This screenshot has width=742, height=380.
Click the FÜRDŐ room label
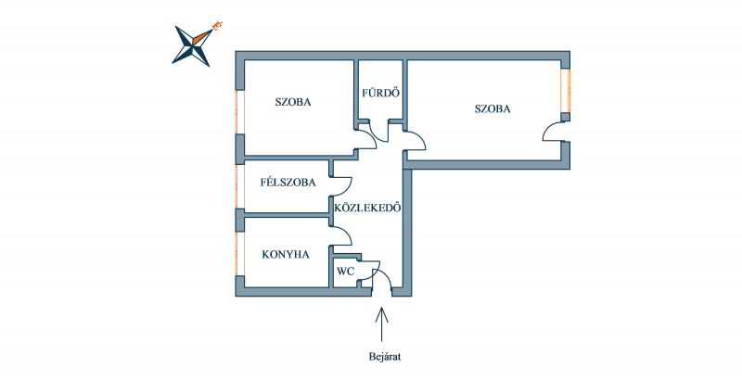click(380, 93)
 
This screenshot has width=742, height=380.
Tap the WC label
click(345, 272)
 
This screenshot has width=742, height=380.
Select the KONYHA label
click(286, 255)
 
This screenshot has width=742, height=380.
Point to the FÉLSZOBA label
click(288, 183)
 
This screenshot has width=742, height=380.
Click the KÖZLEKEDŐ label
click(367, 208)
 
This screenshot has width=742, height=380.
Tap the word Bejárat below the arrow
click(385, 357)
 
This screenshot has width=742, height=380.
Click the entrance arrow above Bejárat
click(381, 324)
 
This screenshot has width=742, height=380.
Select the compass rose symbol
click(193, 44)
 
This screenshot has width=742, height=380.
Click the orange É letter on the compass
click(218, 25)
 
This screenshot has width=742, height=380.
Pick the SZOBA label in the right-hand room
click(493, 109)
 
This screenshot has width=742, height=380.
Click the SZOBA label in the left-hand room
click(293, 102)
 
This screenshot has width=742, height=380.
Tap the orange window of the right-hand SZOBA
click(565, 91)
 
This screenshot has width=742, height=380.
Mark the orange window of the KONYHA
click(240, 253)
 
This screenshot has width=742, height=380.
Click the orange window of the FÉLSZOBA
click(240, 186)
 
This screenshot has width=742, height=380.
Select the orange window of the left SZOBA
click(240, 111)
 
